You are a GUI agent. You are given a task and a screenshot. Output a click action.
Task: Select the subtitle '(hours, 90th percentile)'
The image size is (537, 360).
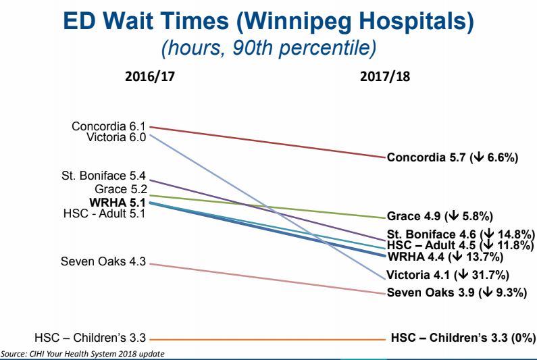pos(268,47)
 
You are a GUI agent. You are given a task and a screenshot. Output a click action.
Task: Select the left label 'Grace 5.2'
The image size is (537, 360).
pos(121,189)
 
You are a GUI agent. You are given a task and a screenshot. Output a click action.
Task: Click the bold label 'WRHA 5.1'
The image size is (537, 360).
pos(118,201)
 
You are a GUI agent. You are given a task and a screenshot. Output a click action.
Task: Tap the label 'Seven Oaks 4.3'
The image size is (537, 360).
pos(103,262)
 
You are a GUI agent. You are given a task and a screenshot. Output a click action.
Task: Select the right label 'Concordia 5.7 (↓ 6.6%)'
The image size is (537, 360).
pos(452,158)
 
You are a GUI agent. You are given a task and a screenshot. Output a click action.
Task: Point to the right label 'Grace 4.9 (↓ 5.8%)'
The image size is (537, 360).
pos(440,217)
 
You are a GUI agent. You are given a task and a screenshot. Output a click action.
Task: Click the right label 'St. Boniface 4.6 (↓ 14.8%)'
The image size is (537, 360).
pos(460,234)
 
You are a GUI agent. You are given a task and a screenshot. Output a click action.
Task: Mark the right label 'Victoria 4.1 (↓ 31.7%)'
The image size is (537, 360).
pos(447,275)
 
